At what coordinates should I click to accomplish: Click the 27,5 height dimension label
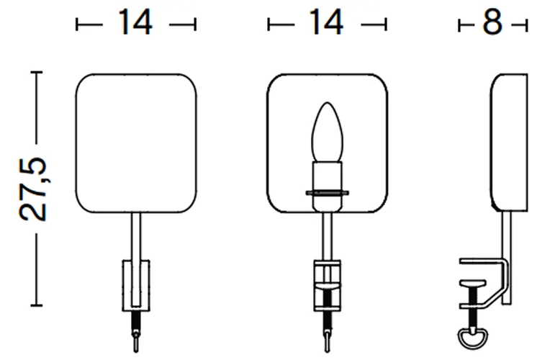(33, 189)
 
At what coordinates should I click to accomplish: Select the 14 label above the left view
(135, 22)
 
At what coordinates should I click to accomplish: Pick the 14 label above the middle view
(326, 22)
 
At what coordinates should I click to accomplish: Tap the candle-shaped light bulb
(327, 132)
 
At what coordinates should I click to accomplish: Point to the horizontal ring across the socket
(327, 193)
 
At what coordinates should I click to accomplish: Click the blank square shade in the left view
(136, 143)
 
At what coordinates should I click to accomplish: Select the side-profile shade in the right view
(509, 143)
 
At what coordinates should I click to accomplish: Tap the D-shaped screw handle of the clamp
(472, 338)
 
